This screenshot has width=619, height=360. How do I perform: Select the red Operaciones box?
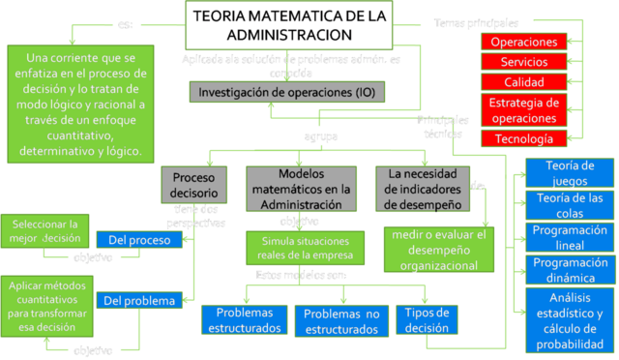click(x=523, y=43)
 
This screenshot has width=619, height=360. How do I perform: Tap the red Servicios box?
click(x=523, y=62)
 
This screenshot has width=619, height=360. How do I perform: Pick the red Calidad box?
click(x=523, y=82)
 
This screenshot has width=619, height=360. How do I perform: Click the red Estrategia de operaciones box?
click(x=523, y=109)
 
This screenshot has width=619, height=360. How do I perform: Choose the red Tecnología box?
click(x=523, y=138)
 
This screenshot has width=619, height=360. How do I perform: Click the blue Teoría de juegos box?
click(x=569, y=172)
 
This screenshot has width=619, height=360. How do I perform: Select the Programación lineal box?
click(x=569, y=237)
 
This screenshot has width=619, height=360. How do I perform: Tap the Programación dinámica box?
click(x=569, y=269)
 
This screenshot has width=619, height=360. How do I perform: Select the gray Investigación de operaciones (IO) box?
click(x=287, y=92)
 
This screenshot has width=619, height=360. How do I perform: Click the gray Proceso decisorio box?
click(x=193, y=185)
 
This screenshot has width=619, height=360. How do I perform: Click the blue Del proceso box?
click(x=139, y=238)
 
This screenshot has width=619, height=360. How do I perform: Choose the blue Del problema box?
click(x=139, y=300)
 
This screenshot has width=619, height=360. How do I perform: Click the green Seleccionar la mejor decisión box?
click(x=45, y=229)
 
